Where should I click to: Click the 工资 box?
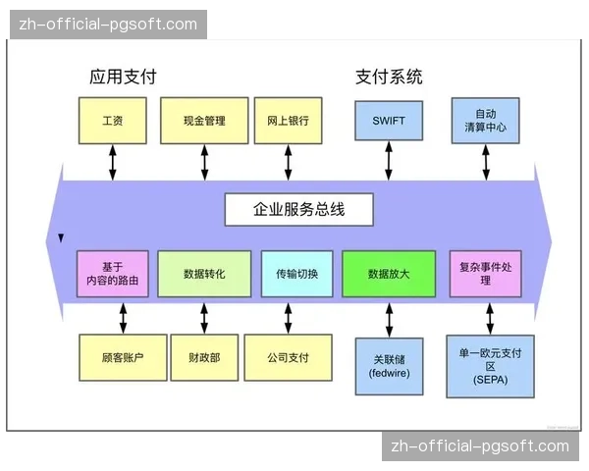tap(112, 121)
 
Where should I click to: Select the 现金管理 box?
tap(204, 121)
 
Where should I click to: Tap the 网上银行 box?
tap(288, 121)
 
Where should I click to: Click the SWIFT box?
tap(389, 121)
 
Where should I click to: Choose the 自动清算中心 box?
tap(485, 121)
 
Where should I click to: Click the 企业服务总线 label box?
tap(298, 209)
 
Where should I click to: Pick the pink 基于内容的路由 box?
tap(113, 274)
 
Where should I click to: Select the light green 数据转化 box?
tap(204, 274)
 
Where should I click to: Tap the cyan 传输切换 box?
tap(297, 274)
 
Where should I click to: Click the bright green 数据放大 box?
tap(388, 274)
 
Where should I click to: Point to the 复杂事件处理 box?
tap(486, 274)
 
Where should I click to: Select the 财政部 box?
tap(204, 358)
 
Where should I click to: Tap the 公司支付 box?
tap(288, 358)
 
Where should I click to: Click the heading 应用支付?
tap(123, 77)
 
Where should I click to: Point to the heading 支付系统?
tap(389, 77)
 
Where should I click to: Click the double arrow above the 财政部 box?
tap(204, 318)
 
